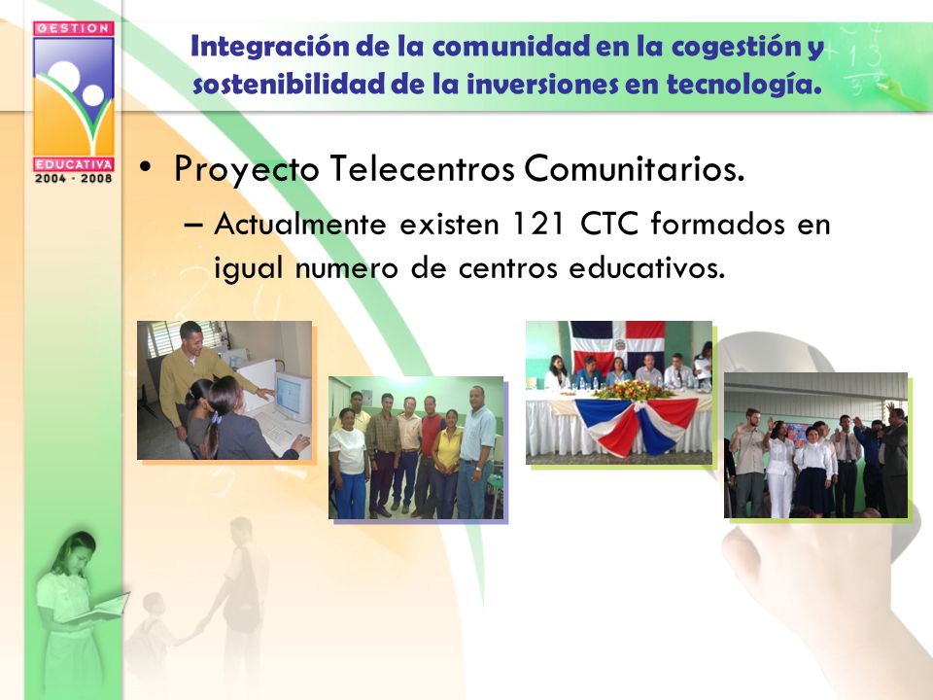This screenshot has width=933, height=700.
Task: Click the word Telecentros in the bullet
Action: click(422, 168)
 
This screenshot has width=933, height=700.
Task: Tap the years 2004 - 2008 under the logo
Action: click(74, 178)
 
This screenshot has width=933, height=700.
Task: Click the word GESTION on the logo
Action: click(74, 28)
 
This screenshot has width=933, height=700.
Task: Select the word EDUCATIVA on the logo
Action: click(74, 163)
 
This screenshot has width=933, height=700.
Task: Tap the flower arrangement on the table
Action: click(633, 390)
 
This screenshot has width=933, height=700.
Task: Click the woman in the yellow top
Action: click(447, 461)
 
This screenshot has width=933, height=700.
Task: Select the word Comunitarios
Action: click(635, 168)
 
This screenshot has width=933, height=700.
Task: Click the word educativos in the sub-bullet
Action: click(647, 268)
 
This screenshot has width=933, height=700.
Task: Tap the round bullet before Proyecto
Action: click(145, 167)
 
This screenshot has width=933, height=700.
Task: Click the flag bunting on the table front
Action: click(637, 425)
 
